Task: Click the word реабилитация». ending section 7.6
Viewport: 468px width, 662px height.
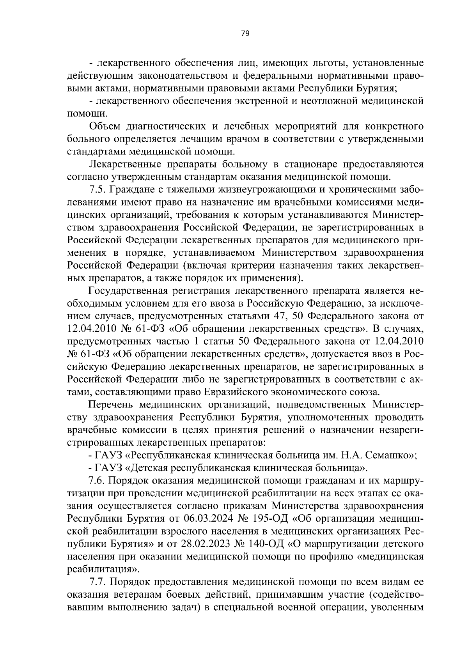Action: coord(102,569)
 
